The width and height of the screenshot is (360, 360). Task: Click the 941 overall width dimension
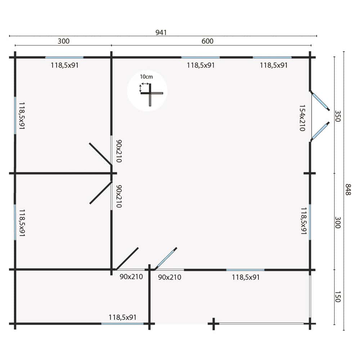(x=161, y=33)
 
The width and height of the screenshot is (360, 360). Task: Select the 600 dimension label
(x=207, y=41)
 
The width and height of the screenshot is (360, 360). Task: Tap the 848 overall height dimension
(x=348, y=189)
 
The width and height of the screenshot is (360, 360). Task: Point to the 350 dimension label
(x=338, y=116)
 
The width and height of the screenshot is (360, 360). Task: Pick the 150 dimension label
(x=338, y=297)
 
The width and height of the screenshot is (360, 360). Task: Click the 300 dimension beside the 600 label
(x=63, y=41)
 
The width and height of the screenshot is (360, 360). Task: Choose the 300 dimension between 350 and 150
(x=338, y=222)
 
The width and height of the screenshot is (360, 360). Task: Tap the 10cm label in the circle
(x=147, y=77)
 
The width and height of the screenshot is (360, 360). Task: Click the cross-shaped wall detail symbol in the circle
(x=152, y=94)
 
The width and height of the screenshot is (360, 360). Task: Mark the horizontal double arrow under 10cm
(x=145, y=84)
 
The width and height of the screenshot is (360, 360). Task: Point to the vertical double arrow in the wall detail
(x=140, y=88)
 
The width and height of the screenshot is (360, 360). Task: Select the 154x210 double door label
(x=302, y=118)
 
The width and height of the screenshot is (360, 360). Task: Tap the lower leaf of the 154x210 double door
(x=320, y=131)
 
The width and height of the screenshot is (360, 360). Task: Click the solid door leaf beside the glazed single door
(x=127, y=258)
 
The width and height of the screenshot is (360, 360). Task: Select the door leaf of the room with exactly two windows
(x=100, y=154)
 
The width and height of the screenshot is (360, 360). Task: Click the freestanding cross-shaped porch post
(x=213, y=324)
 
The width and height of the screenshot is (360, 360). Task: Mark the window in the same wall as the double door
(x=310, y=222)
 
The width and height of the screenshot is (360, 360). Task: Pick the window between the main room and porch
(x=245, y=270)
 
